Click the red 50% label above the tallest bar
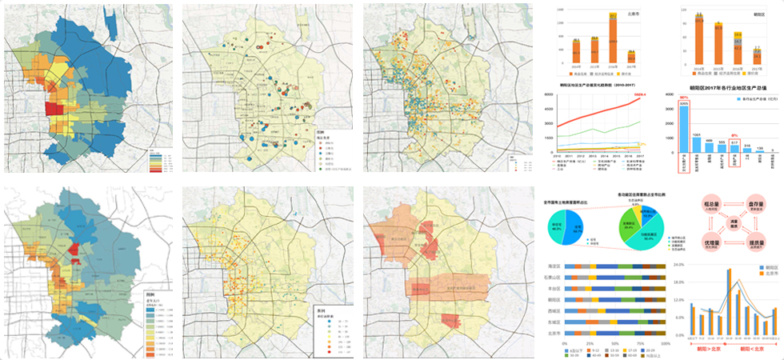pos(683,98)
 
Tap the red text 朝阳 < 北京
pos(756,349)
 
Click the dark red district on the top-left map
pos(54,109)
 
